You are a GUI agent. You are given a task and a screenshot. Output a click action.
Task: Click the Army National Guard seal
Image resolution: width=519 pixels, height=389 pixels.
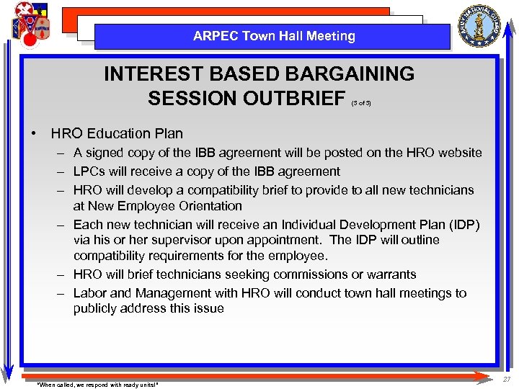pyautogui.click(x=482, y=26)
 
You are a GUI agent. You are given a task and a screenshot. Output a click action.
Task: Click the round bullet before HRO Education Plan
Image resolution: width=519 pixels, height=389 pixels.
pyautogui.click(x=34, y=133)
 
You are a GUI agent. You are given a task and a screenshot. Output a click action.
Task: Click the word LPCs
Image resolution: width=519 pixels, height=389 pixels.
pyautogui.click(x=89, y=171)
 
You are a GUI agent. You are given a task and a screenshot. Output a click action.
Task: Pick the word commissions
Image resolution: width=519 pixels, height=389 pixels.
pyautogui.click(x=303, y=274)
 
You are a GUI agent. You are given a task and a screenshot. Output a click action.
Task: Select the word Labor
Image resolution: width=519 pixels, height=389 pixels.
pyautogui.click(x=89, y=293)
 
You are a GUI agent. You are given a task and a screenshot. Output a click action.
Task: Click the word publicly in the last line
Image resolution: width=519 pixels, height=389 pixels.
pyautogui.click(x=97, y=308)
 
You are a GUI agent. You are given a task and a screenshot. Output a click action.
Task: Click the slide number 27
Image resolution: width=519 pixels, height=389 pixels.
pyautogui.click(x=507, y=379)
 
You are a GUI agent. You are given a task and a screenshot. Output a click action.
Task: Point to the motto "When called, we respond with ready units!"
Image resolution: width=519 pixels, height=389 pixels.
pyautogui.click(x=97, y=385)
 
